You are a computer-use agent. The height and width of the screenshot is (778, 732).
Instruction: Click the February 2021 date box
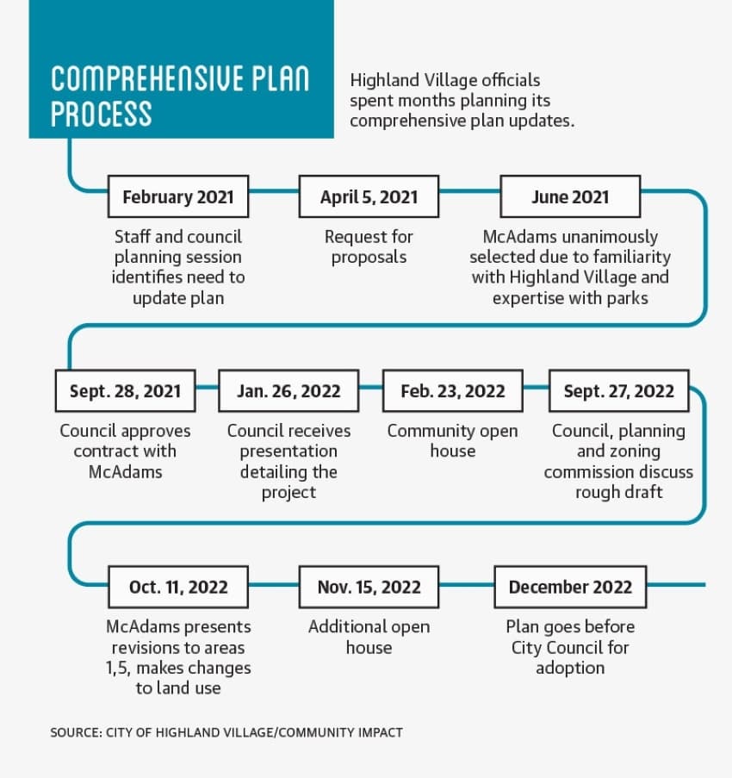click(x=178, y=196)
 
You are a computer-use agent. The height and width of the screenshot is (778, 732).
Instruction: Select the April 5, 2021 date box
click(x=369, y=196)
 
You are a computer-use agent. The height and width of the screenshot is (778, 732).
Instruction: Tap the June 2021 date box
click(x=570, y=196)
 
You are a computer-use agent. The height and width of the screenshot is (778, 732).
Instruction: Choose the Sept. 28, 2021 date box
click(x=126, y=391)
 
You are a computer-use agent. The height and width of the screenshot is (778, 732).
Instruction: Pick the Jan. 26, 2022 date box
click(x=288, y=391)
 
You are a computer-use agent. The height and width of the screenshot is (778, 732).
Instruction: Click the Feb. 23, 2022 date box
click(x=453, y=391)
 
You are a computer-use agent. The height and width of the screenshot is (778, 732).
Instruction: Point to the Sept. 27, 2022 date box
click(x=619, y=391)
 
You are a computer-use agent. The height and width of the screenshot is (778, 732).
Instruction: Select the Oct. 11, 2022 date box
click(x=178, y=587)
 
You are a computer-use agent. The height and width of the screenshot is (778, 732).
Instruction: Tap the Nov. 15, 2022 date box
click(x=369, y=587)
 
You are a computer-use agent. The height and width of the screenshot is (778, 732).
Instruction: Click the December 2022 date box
click(x=570, y=587)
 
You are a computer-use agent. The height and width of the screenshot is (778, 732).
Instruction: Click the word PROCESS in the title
click(x=101, y=114)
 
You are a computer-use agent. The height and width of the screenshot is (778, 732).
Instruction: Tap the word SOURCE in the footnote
click(x=76, y=732)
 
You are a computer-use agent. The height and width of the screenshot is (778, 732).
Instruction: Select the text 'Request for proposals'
click(x=369, y=247)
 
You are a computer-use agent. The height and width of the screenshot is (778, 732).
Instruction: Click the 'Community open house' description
click(x=453, y=440)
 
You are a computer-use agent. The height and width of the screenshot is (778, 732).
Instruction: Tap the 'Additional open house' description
click(x=369, y=637)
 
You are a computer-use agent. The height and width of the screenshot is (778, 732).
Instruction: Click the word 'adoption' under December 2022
click(x=570, y=669)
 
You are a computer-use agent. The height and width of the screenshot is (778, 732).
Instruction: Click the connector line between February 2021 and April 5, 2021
click(x=274, y=190)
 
